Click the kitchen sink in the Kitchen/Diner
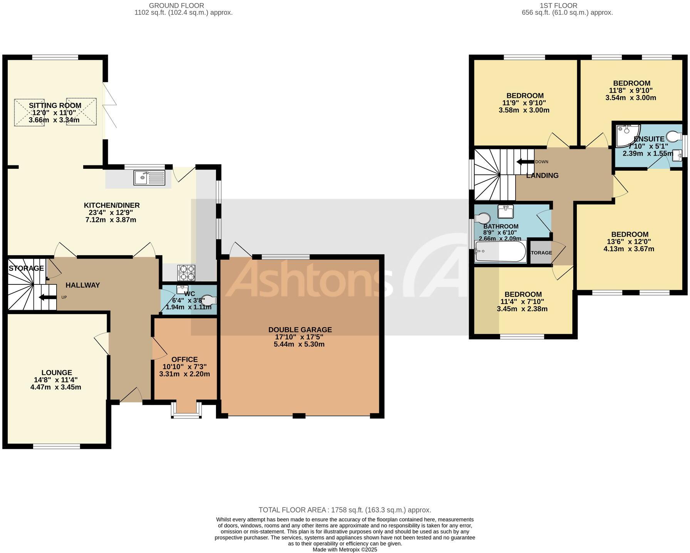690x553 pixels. [x=149, y=178]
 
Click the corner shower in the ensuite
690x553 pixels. [x=626, y=136]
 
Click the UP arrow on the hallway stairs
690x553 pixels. [x=47, y=297]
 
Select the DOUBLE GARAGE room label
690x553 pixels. [x=300, y=330]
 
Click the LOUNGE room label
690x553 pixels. [x=57, y=373]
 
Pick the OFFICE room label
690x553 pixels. [x=185, y=360]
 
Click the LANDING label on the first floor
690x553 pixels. [x=542, y=176]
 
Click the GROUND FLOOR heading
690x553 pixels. [x=176, y=5]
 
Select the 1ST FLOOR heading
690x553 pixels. [x=559, y=5]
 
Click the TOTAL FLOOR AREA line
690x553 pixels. [x=345, y=510]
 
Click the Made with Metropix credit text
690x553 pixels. [x=345, y=550]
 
